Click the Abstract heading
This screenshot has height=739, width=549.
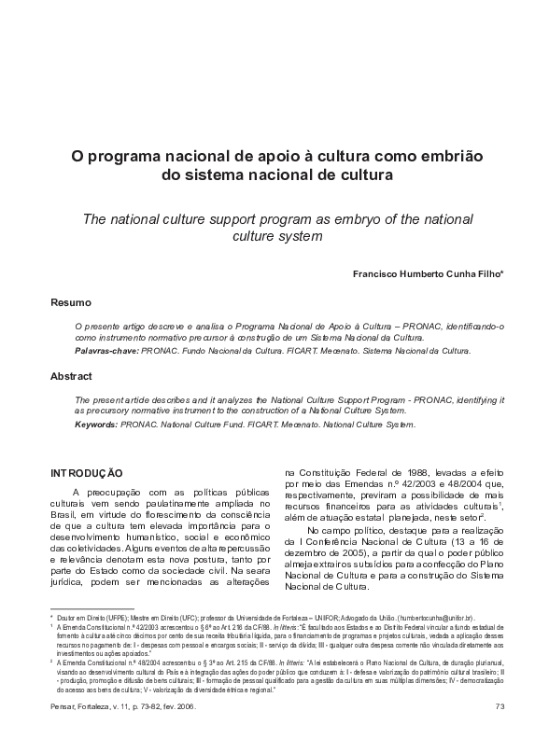(71, 376)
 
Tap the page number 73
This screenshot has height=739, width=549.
(500, 705)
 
